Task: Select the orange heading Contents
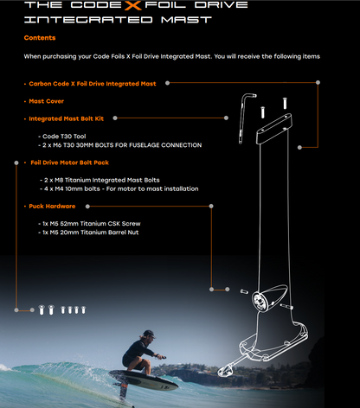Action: click(40, 38)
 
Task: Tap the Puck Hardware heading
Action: click(52, 207)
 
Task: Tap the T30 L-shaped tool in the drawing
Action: click(248, 108)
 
